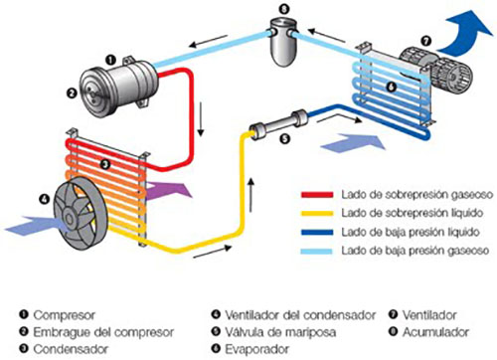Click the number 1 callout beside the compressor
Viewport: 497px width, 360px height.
110,60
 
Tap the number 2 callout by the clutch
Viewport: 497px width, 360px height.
72,93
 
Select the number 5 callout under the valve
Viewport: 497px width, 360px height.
285,138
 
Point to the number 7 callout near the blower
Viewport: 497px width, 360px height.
426,41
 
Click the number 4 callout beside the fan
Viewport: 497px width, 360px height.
44,199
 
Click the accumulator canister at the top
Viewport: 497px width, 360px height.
283,42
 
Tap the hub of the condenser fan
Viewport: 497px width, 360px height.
70,218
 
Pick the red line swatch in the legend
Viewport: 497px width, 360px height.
317,195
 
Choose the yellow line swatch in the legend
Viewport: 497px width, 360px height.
317,213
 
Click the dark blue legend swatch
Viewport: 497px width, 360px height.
317,232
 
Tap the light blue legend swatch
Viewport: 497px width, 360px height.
317,251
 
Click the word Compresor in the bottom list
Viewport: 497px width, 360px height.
65,315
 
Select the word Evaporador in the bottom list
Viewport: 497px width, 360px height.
257,349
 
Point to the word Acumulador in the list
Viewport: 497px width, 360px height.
435,332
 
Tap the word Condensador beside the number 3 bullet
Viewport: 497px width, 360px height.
71,349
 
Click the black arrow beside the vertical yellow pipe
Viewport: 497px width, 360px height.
251,195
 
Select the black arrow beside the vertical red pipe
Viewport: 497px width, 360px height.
201,119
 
